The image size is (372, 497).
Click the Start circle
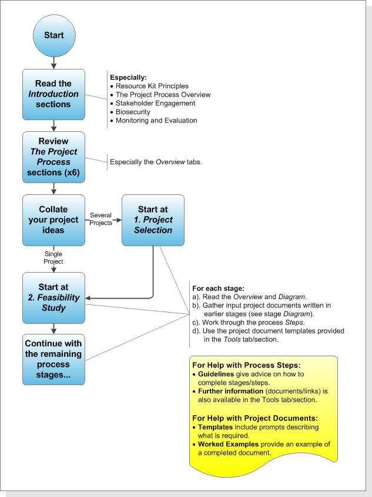pos(54,35)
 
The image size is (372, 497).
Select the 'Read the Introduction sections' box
pos(54,94)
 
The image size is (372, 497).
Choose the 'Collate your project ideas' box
pos(54,220)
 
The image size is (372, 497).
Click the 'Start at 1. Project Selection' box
pos(153,220)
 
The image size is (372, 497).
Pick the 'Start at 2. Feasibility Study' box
pos(54,297)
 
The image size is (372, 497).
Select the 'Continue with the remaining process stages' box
pos(54,360)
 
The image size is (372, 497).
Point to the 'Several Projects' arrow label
pos(101,219)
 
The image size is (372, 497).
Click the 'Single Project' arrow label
pos(53,257)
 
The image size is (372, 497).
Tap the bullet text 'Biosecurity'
pos(133,112)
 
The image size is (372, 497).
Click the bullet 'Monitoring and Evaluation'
pos(156,121)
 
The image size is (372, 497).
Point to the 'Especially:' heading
pos(129,77)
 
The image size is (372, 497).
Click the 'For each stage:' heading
pos(218,289)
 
